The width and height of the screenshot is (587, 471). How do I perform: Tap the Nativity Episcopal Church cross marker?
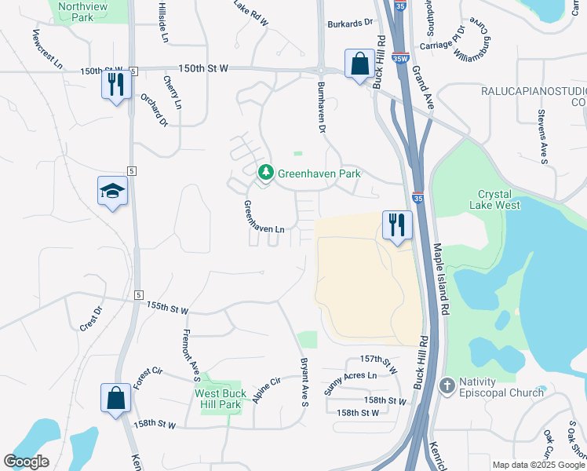447,385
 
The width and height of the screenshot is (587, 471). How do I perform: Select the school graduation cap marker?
112,191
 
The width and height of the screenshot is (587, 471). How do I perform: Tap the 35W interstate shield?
400,57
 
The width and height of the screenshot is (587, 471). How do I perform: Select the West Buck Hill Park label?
221,399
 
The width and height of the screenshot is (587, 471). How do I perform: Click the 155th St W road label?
168,309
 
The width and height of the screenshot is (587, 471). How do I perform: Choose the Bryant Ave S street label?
304,382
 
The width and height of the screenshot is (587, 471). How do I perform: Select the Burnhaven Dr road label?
320,108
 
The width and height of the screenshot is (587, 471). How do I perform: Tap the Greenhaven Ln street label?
263,217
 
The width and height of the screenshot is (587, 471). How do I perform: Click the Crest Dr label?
91,319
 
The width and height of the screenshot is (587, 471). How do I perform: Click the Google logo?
26,462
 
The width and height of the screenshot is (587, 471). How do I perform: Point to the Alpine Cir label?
266,391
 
